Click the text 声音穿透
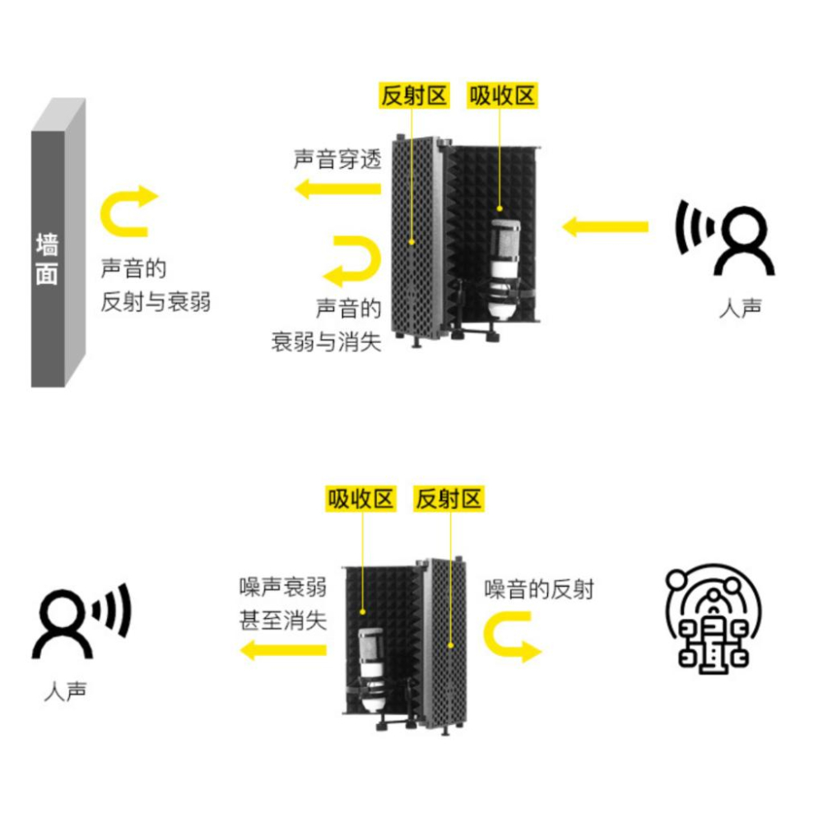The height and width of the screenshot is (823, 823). (337, 159)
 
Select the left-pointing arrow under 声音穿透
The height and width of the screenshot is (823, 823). (338, 189)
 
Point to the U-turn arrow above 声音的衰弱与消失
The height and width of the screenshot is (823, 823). (352, 260)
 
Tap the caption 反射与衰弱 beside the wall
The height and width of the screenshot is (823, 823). (156, 301)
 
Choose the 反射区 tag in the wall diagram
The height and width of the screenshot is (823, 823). (414, 95)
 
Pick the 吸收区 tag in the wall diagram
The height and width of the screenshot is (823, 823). (502, 95)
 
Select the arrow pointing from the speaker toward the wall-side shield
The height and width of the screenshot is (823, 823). (605, 226)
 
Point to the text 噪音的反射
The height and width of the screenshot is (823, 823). (539, 588)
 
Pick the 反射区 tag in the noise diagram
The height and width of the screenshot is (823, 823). (449, 498)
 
